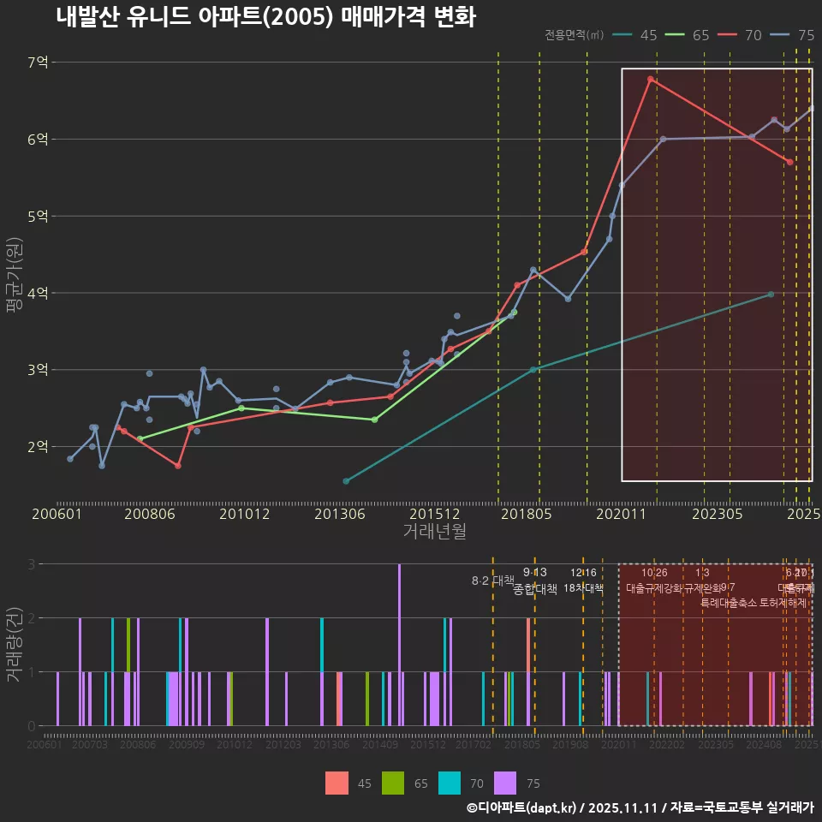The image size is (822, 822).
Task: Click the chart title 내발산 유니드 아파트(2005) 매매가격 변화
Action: [265, 17]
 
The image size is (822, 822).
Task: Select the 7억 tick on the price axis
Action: [38, 63]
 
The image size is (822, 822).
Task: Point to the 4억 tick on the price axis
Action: [38, 293]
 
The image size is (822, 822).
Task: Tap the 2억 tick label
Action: [38, 446]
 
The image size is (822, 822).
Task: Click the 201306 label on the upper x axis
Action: [341, 515]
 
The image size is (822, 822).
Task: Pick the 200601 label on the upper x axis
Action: [57, 515]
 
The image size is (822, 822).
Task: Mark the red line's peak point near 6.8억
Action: [651, 79]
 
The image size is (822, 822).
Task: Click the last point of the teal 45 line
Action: [771, 295]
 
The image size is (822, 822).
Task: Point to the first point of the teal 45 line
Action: [346, 481]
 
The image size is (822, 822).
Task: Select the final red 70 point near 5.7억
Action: [789, 162]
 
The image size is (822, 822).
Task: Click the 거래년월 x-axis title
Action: [434, 531]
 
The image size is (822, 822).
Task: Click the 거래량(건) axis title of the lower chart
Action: [14, 645]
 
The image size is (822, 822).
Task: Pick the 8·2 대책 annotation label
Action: [491, 581]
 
